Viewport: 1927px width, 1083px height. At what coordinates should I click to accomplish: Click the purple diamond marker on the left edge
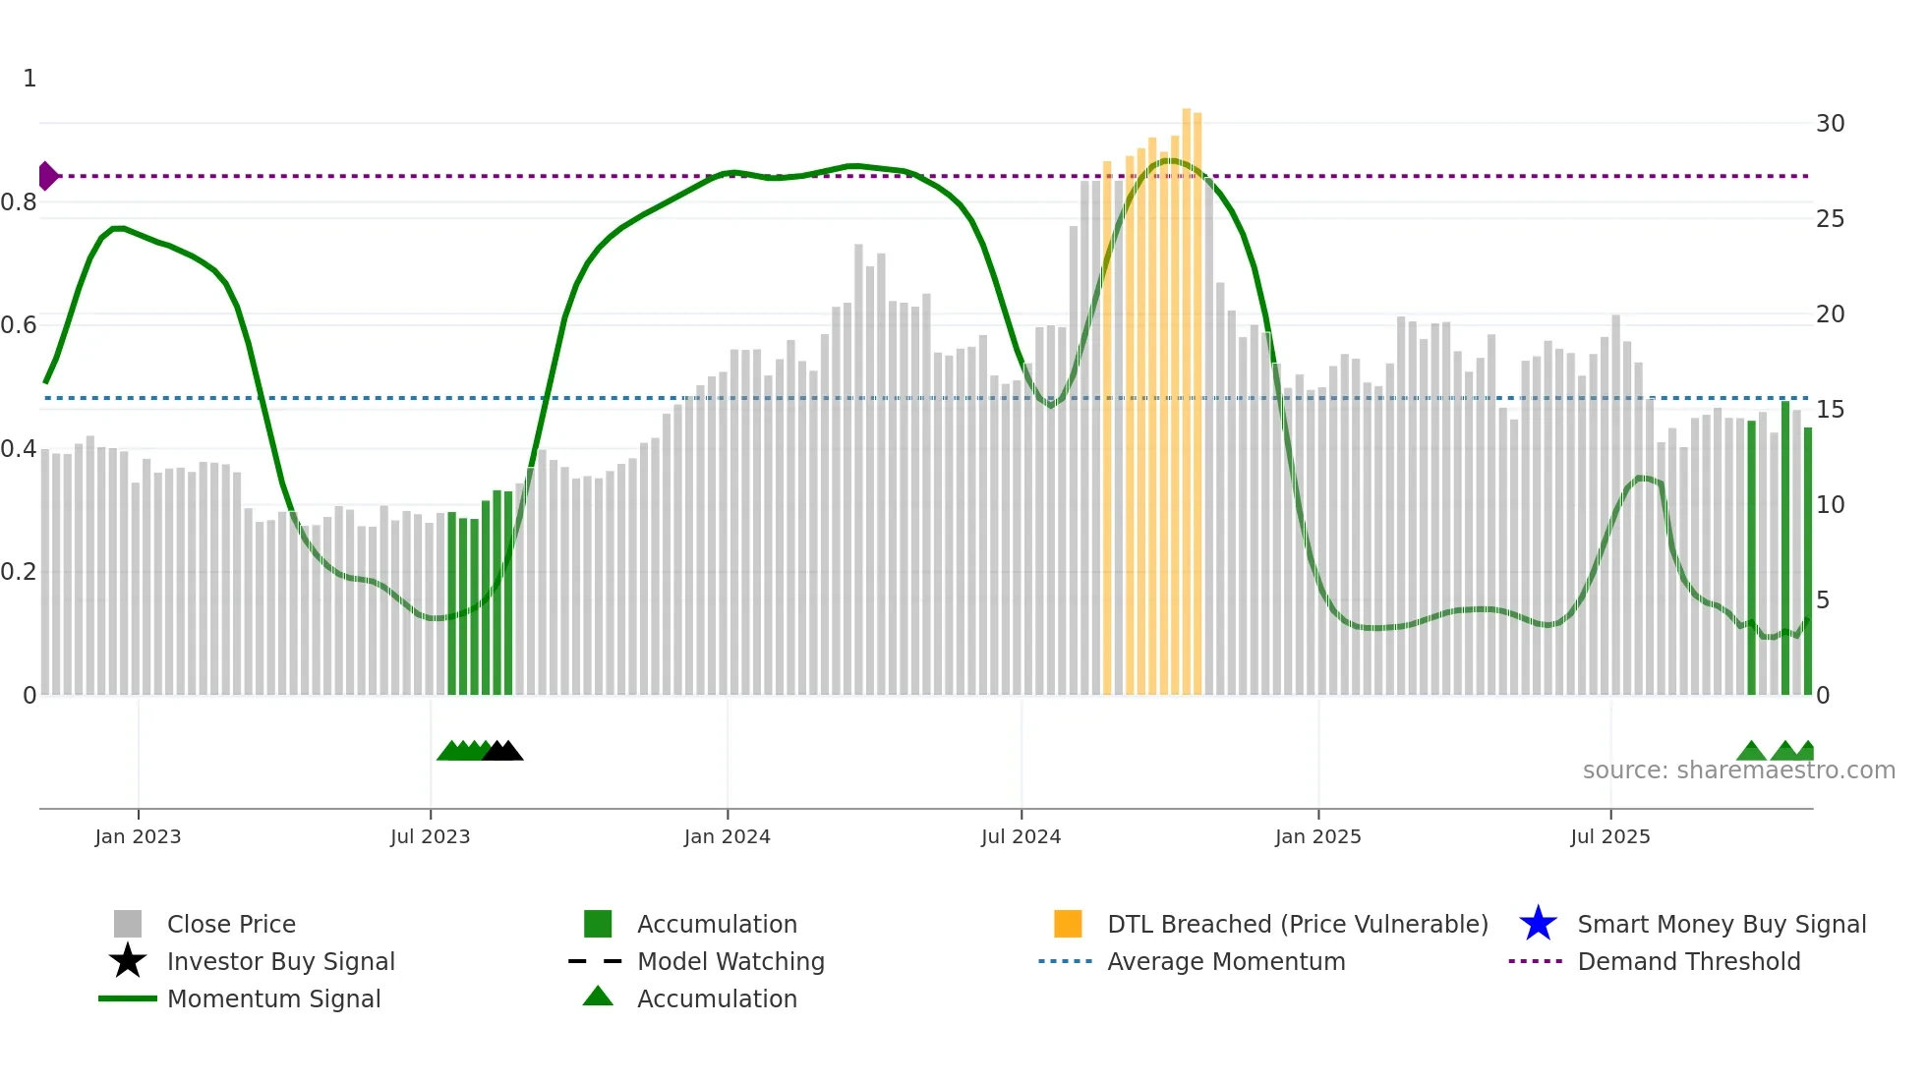click(x=47, y=176)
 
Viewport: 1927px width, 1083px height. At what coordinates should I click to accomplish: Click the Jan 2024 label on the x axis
click(x=727, y=836)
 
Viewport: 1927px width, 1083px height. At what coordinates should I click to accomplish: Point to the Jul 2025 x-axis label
click(x=1609, y=836)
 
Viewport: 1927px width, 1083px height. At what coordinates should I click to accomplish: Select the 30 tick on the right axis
click(x=1830, y=124)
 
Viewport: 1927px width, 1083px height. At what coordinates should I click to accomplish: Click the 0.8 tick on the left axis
click(x=19, y=202)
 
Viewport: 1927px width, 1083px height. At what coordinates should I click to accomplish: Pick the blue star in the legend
click(x=1538, y=924)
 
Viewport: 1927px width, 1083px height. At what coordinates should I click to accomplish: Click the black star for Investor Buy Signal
click(x=128, y=961)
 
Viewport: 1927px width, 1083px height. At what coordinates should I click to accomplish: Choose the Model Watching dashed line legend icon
click(x=595, y=961)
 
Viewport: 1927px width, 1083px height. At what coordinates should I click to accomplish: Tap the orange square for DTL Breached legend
click(x=1068, y=924)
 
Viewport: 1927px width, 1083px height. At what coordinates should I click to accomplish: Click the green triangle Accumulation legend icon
click(x=598, y=997)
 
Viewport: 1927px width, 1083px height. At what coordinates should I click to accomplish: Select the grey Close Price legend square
click(x=128, y=924)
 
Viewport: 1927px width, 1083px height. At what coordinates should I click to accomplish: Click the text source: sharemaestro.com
click(x=1738, y=770)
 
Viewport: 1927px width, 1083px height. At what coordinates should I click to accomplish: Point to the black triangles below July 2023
click(x=502, y=751)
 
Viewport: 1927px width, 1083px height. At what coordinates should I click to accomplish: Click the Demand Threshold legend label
click(x=1688, y=961)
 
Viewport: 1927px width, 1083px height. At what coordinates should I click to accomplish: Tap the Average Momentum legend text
click(x=1225, y=961)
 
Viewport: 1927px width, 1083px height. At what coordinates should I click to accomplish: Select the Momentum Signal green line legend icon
click(x=128, y=998)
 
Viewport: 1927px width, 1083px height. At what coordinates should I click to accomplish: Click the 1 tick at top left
click(x=29, y=79)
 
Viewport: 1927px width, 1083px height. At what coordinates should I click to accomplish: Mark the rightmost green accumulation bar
click(x=1807, y=560)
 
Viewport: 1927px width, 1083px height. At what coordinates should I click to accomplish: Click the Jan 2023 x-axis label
click(x=138, y=836)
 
